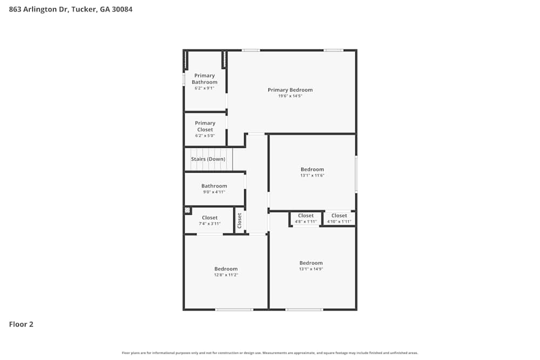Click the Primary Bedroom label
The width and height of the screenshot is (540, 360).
[290, 90]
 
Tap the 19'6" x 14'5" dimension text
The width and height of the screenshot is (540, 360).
[290, 96]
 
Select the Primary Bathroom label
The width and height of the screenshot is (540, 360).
[205, 79]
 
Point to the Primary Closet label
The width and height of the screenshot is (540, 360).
[205, 126]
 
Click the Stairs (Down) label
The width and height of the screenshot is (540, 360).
[208, 159]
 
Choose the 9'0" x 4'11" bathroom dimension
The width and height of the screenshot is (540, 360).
[214, 192]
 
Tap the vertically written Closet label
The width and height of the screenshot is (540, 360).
[240, 220]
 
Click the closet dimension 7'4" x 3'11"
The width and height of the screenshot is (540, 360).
[210, 223]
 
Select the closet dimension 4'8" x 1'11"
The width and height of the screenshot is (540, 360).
[306, 221]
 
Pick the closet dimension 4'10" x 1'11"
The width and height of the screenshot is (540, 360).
[339, 221]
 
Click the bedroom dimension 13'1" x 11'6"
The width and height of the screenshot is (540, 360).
[312, 175]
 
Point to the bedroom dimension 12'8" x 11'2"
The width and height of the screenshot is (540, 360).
[226, 275]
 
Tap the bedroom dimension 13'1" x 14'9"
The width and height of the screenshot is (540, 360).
[311, 269]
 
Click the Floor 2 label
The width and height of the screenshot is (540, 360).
[21, 324]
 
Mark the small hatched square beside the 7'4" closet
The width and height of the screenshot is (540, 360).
[187, 210]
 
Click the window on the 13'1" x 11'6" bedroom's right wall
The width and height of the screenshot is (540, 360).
[356, 174]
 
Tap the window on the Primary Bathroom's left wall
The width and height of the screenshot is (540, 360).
[184, 79]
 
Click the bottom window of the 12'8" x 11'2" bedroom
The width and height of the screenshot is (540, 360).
[234, 309]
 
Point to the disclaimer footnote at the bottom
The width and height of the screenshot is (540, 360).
[270, 353]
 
